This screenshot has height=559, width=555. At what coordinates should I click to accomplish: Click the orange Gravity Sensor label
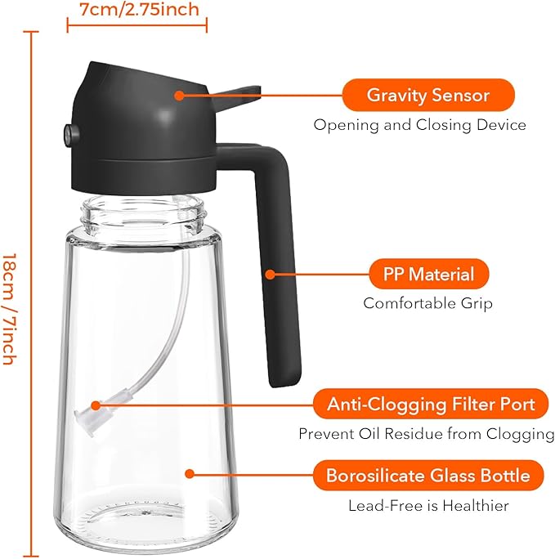pos(427,95)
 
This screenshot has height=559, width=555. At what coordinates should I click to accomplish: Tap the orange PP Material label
pos(429,274)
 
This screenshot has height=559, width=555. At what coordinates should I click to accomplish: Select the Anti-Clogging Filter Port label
pos(431,404)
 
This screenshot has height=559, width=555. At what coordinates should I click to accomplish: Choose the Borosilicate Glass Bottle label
pos(427,476)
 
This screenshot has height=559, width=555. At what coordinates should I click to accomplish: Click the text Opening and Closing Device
pos(420,125)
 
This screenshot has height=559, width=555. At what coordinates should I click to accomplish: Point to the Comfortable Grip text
pos(427,303)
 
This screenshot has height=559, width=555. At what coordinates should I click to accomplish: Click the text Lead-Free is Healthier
pos(428,506)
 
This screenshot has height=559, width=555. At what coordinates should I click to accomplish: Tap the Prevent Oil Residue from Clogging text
pos(426,433)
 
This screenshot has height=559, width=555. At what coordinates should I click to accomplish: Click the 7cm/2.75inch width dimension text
pos(137,10)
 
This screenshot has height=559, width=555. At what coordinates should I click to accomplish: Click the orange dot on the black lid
pos(179,95)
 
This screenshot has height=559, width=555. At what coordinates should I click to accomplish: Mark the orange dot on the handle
pos(271,275)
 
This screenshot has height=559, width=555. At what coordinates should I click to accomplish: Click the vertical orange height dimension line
pos(32,294)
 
